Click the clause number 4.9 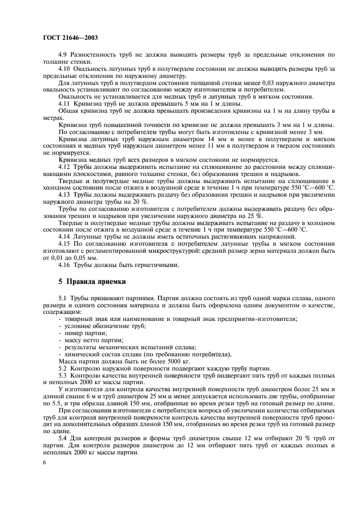click(64, 55)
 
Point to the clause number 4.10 click(65, 69)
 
